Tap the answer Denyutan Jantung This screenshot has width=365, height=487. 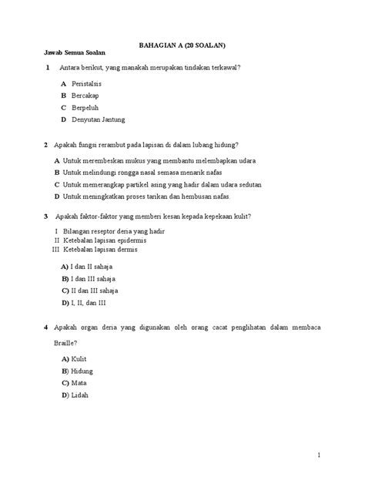[99, 120]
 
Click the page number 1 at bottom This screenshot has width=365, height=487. [317, 456]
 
